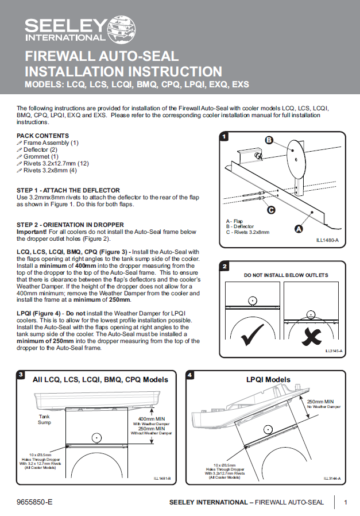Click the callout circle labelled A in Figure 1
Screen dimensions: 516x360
pos(299,229)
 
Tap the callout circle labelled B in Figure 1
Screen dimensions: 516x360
pos(268,140)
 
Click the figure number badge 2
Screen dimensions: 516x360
pos(225,266)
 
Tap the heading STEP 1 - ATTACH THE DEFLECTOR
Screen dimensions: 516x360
pos(68,190)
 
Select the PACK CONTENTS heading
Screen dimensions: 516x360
pos(43,136)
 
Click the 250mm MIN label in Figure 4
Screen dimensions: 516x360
pos(322,402)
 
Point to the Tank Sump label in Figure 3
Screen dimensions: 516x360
pos(45,419)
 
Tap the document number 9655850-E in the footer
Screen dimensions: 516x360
pos(34,502)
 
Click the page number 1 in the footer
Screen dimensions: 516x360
pos(346,502)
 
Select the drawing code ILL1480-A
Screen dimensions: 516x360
pos(328,241)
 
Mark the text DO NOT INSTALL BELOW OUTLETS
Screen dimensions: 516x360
pos(286,275)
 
